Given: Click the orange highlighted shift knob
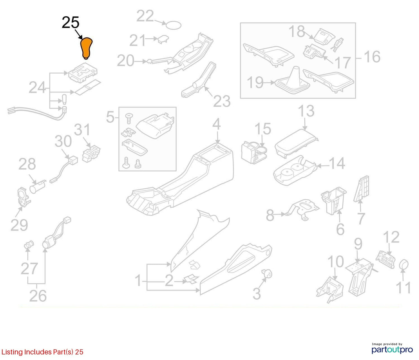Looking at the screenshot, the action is point(86,48).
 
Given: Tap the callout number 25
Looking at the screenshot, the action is point(70,23).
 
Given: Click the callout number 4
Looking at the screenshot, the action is point(217,124).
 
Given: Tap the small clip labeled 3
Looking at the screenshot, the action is point(267,274).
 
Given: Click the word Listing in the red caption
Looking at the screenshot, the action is point(12,352).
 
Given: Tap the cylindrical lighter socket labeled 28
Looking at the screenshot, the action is point(38,186).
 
